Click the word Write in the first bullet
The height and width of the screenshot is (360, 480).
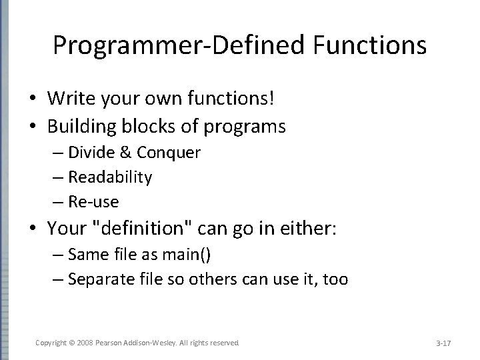[70, 99]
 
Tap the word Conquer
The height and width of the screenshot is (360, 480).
[168, 153]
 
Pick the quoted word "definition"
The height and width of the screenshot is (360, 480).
[151, 229]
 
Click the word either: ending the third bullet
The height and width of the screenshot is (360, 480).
[313, 229]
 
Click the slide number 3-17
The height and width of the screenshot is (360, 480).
[443, 343]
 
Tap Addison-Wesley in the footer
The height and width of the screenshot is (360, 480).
[149, 342]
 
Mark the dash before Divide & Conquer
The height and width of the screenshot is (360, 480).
[57, 153]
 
